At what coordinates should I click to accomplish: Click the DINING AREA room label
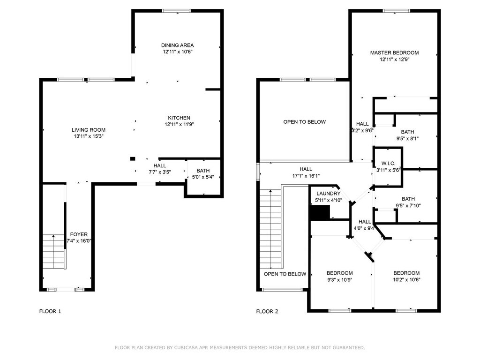click(178, 45)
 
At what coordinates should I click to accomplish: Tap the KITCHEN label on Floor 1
click(179, 118)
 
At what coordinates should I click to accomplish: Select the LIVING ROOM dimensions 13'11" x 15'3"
click(89, 136)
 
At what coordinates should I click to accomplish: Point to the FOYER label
click(79, 234)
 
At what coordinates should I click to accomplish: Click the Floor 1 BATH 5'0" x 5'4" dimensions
click(203, 177)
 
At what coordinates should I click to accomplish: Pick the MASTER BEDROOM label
click(394, 52)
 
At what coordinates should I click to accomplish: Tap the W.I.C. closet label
click(388, 164)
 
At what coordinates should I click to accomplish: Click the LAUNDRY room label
click(329, 194)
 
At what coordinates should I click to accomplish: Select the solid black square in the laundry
click(320, 212)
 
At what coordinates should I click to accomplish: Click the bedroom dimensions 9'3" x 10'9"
click(339, 279)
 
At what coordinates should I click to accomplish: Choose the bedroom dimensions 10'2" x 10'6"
click(406, 279)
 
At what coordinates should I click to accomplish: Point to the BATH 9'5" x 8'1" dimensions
click(407, 138)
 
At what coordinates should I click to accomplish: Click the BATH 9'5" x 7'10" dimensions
click(408, 206)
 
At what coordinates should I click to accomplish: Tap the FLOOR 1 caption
click(50, 311)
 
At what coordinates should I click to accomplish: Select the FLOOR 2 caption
click(267, 311)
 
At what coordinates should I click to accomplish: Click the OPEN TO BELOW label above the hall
click(305, 122)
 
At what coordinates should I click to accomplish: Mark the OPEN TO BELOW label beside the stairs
click(285, 274)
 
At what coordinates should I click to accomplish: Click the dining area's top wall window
click(176, 11)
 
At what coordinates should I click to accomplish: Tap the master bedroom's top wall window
click(396, 11)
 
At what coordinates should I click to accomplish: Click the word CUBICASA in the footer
click(185, 347)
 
